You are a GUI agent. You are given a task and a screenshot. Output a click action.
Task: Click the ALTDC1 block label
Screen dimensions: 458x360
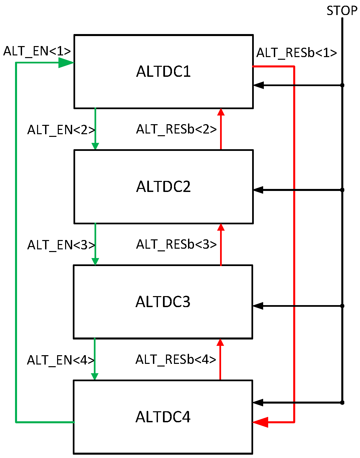click(163, 71)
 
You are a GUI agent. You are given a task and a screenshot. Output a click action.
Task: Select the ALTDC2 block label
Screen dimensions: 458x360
click(163, 187)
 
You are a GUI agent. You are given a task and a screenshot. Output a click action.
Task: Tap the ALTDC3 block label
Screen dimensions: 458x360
click(163, 302)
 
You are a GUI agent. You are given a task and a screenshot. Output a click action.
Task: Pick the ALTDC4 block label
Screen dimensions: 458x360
click(163, 417)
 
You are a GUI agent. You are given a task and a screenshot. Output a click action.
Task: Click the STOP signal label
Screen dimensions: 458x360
click(342, 11)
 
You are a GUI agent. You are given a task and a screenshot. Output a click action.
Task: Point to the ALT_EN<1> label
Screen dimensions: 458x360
click(37, 51)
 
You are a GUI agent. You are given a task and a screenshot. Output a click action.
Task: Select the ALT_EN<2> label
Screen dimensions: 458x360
click(61, 130)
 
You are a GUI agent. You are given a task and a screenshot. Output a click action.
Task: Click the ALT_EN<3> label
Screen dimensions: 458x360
click(61, 245)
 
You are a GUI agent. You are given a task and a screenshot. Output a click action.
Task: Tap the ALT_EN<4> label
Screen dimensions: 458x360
click(61, 360)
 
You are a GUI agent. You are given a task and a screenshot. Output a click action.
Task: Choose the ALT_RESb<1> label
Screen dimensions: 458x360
click(297, 53)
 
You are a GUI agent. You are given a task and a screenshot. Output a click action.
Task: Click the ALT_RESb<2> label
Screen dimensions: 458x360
click(176, 129)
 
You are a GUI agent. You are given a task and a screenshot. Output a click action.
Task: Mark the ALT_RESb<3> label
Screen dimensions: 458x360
click(176, 244)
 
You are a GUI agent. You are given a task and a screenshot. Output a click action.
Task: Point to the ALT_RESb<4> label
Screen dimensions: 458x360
click(176, 360)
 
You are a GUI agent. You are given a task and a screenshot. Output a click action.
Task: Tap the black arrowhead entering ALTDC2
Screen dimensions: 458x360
click(258, 190)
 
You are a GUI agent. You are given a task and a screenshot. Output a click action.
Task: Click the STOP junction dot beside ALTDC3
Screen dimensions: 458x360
click(342, 306)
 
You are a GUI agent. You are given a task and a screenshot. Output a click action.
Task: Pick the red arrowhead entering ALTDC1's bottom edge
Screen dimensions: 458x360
click(221, 112)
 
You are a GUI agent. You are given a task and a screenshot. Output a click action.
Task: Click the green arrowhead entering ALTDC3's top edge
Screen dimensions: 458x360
click(95, 261)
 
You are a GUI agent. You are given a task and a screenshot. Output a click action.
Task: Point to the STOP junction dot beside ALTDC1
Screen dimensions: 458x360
click(342, 85)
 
